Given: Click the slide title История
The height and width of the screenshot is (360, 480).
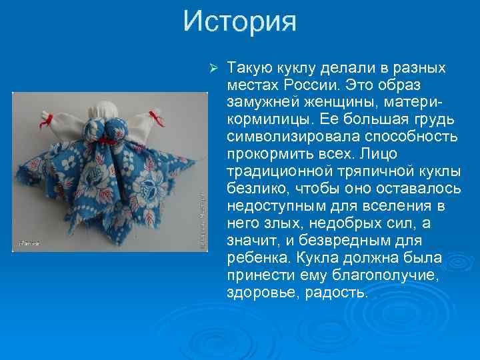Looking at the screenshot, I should pyautogui.click(x=240, y=21).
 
